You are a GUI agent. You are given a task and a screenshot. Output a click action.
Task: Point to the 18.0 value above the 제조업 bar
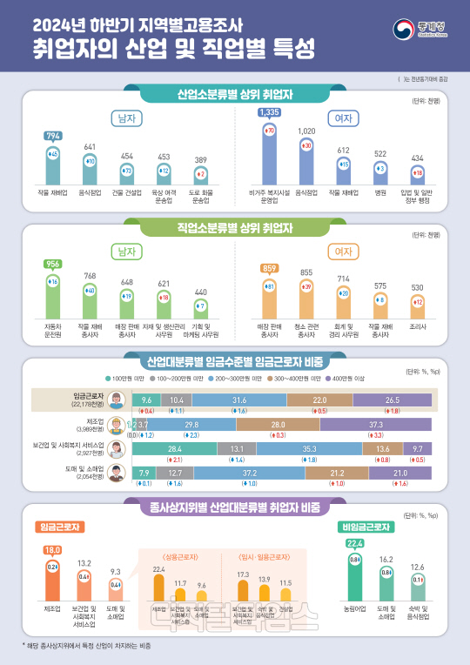click(51, 550)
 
